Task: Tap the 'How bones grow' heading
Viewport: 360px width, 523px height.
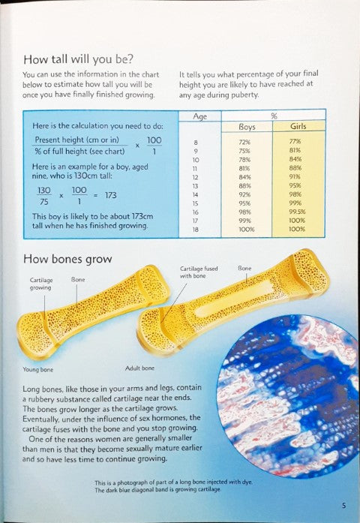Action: pyautogui.click(x=67, y=259)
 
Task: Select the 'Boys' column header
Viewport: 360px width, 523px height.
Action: pyautogui.click(x=247, y=127)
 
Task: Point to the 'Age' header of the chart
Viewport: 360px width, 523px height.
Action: pyautogui.click(x=200, y=116)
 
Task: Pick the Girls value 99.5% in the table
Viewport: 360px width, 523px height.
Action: pyautogui.click(x=297, y=212)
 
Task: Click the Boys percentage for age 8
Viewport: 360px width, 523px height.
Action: pyautogui.click(x=244, y=142)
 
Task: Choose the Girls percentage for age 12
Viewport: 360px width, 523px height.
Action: pyautogui.click(x=295, y=177)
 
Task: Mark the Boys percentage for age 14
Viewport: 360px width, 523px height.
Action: pyautogui.click(x=244, y=194)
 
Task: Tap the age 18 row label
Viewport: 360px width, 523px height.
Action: pyautogui.click(x=196, y=229)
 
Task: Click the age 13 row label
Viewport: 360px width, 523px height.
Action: pyautogui.click(x=196, y=185)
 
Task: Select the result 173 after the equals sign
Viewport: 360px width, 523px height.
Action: pyautogui.click(x=111, y=195)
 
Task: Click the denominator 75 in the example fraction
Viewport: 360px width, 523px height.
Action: pyautogui.click(x=44, y=201)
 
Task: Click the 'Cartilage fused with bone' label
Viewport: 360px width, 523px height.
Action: pyautogui.click(x=199, y=272)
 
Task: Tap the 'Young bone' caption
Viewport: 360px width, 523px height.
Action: pyautogui.click(x=37, y=369)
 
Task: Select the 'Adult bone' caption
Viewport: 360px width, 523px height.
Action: pyautogui.click(x=139, y=368)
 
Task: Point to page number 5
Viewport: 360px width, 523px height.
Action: pyautogui.click(x=343, y=505)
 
